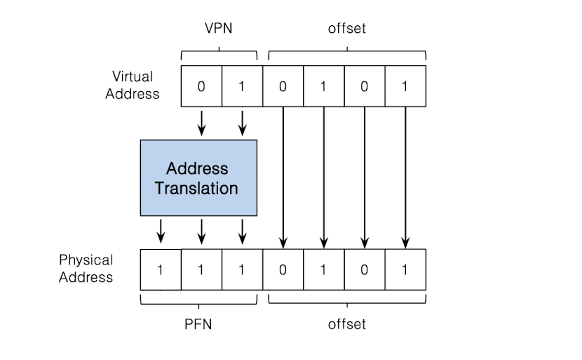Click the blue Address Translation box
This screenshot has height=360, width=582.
click(x=198, y=178)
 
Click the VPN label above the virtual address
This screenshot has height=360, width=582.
click(x=218, y=29)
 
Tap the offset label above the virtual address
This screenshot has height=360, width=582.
click(x=346, y=29)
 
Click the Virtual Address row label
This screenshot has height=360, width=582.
click(x=133, y=85)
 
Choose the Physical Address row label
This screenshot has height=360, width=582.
click(x=86, y=268)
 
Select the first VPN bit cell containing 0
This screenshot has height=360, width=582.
click(x=201, y=86)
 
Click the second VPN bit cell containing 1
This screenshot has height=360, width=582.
click(x=242, y=86)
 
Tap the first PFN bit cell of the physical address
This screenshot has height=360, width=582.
click(x=161, y=269)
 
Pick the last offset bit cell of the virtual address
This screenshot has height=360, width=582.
click(x=405, y=86)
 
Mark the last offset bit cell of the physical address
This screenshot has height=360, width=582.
click(x=405, y=269)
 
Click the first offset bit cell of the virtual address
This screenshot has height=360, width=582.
click(x=283, y=86)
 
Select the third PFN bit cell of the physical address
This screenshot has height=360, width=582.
click(x=242, y=269)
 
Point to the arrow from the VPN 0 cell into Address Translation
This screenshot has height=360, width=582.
click(x=202, y=122)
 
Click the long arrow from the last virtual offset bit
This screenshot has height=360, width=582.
click(x=405, y=175)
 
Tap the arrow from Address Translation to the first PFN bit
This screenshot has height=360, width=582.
click(x=161, y=229)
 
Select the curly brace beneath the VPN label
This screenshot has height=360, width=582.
click(x=219, y=53)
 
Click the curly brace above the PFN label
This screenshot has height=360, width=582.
click(x=198, y=300)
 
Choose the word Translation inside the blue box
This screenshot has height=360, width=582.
click(x=196, y=188)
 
